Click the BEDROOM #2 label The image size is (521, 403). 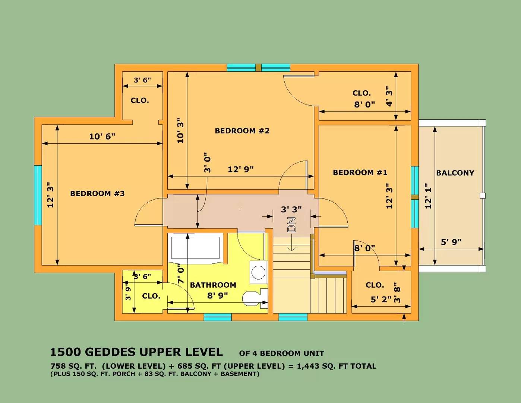[242, 131]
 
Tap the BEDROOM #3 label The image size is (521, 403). [97, 193]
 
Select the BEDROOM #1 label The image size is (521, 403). [360, 172]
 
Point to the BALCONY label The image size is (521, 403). [455, 173]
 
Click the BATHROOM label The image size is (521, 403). [213, 285]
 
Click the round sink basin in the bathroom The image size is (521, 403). [259, 272]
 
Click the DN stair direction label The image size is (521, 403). [291, 224]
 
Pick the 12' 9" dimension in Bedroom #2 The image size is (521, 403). [240, 169]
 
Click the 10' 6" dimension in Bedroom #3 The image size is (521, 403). [102, 137]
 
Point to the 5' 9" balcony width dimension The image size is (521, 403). [451, 242]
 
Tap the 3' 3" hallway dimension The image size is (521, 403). [291, 210]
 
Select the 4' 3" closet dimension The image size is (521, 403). [389, 96]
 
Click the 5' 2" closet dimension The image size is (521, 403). [381, 299]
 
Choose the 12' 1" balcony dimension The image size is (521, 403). [428, 196]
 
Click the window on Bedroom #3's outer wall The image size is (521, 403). [38, 195]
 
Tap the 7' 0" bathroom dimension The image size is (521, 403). [181, 273]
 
